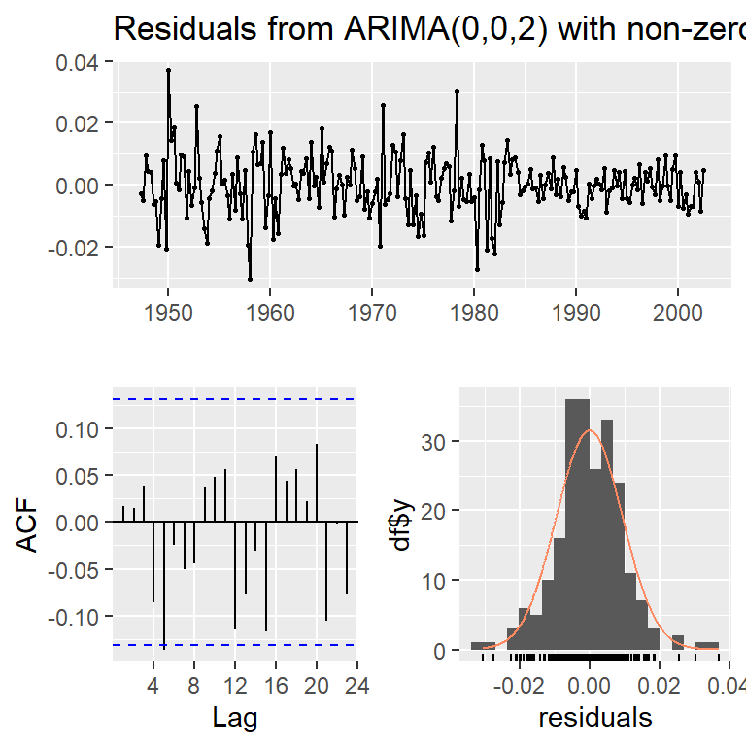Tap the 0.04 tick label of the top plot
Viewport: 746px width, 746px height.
83,62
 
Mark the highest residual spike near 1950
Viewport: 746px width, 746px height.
168,70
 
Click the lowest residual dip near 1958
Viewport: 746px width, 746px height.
250,279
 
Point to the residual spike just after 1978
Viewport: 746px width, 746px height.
457,91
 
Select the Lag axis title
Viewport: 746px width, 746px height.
234,718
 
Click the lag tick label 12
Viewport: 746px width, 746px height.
235,686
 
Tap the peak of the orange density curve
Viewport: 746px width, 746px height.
589,430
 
